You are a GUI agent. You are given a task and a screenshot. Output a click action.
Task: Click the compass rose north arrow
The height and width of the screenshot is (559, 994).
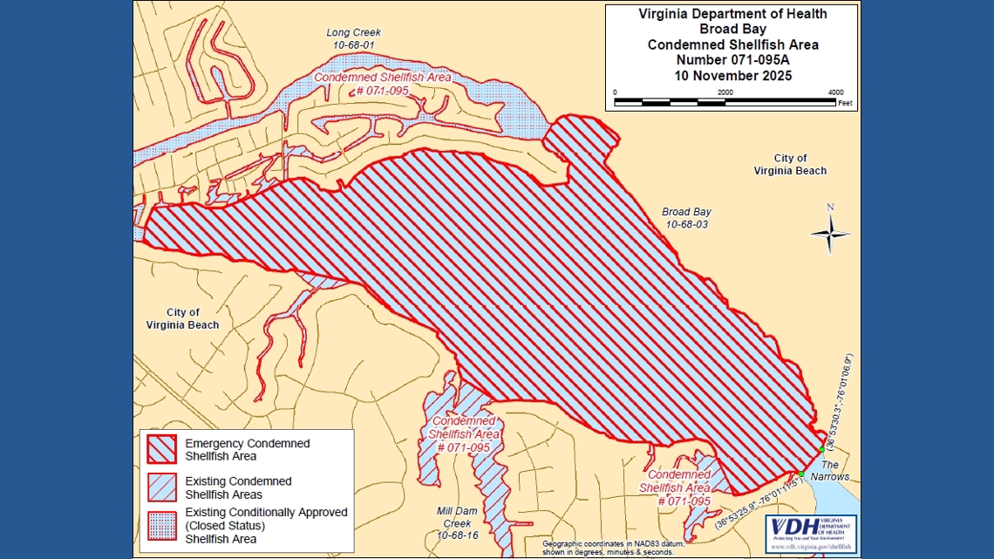pos(830,232)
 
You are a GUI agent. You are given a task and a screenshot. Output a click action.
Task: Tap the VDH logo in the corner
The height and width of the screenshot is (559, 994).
pos(810,533)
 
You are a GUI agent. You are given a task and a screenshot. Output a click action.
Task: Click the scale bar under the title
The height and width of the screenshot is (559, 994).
pos(725,102)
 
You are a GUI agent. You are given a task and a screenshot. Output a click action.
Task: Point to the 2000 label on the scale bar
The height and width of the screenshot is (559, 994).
pos(725,92)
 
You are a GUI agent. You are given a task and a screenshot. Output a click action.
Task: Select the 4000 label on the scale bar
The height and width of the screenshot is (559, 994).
pos(834,92)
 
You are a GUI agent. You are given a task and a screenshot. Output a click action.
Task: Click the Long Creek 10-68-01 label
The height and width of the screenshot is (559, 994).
pos(353,38)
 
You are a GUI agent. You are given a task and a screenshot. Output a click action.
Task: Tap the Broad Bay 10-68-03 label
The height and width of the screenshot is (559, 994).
pos(686,218)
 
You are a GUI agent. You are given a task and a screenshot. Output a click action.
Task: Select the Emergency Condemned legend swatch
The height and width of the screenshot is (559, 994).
pos(161,450)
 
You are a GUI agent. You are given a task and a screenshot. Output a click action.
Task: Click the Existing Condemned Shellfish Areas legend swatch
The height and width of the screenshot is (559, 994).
pos(161,487)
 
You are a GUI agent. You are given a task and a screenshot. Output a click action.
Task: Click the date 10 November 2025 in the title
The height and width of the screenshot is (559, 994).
pos(732,76)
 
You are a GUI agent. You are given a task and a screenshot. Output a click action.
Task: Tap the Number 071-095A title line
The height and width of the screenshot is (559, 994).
pos(732,60)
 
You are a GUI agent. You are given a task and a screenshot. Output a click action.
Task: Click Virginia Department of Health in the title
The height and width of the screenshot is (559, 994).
pos(732,14)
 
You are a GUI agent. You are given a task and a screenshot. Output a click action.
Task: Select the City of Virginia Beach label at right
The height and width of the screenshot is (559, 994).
pos(790,165)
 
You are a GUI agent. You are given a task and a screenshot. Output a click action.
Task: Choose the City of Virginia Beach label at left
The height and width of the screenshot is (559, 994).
pos(182,318)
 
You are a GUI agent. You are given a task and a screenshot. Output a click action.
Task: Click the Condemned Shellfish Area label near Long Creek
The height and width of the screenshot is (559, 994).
pos(382,83)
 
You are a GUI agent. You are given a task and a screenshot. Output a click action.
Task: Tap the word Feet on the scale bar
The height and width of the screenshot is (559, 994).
pos(844,103)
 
